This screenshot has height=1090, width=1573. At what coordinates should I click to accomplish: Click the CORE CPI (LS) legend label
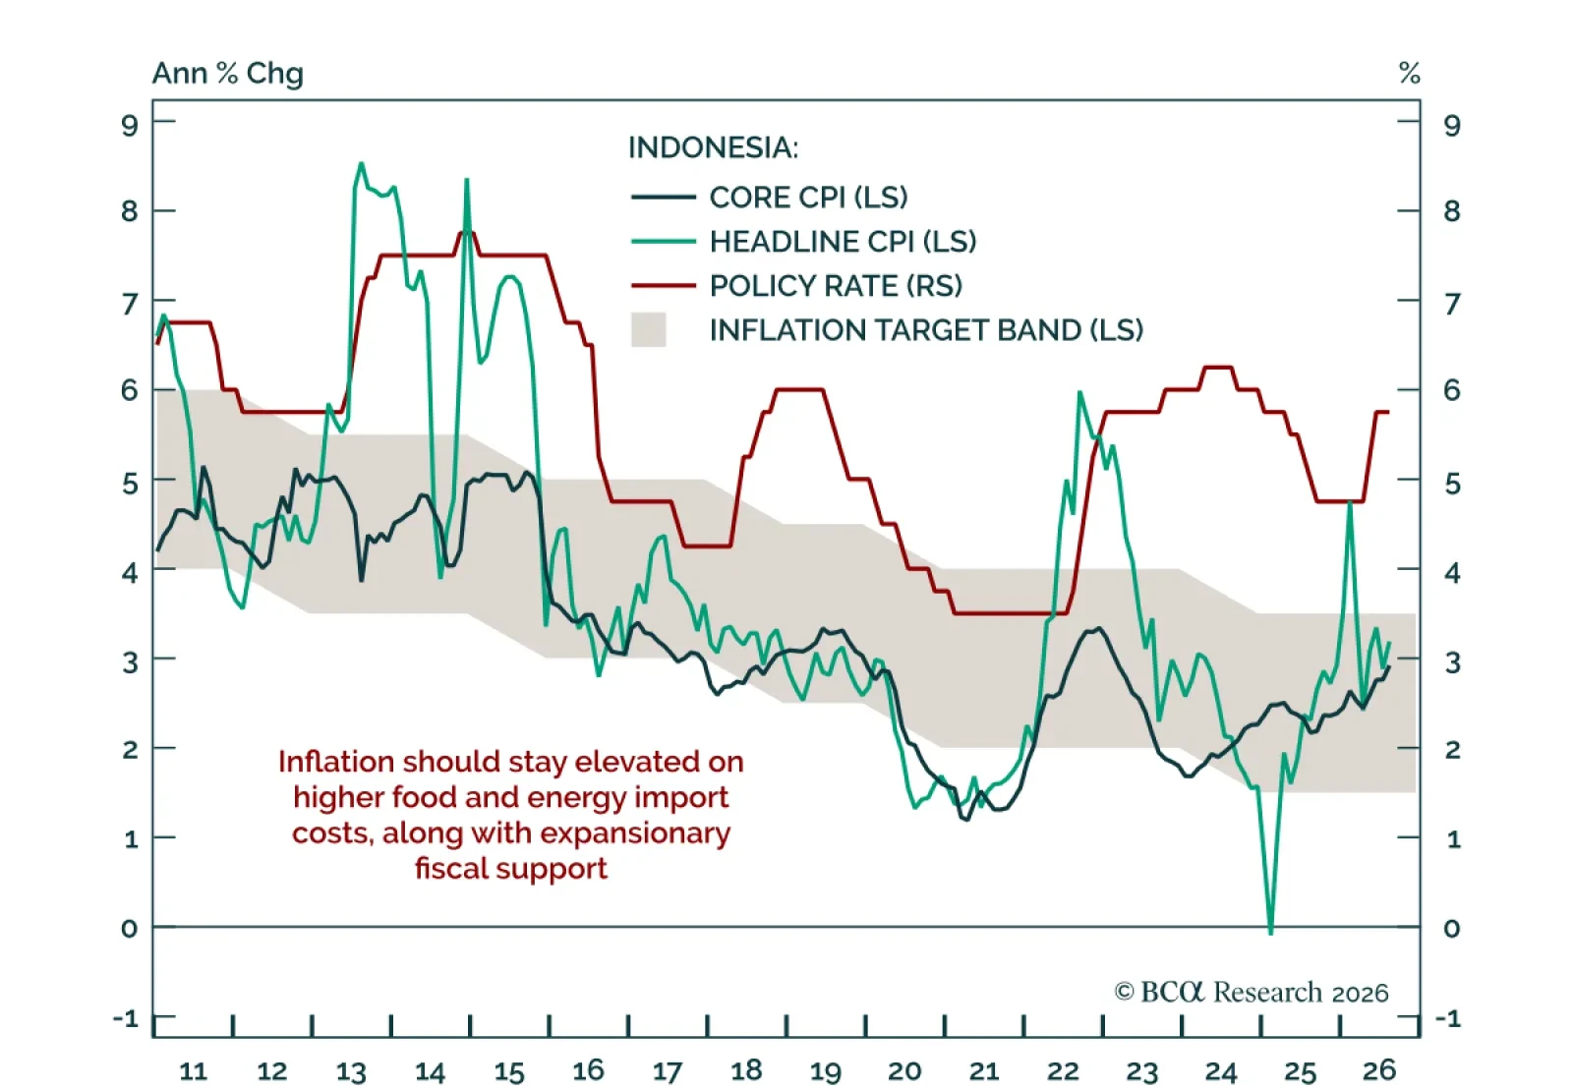pos(808,198)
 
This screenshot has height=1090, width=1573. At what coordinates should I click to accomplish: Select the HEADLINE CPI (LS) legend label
pos(843,242)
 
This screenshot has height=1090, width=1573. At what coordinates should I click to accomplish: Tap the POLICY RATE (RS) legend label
pos(836,286)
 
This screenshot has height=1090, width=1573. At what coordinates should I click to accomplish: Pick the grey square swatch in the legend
pos(648,330)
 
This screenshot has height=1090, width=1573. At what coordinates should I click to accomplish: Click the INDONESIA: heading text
pos(713,147)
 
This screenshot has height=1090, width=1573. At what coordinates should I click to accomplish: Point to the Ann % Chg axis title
pos(228,73)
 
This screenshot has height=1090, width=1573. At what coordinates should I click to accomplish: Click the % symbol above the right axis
pos(1410,73)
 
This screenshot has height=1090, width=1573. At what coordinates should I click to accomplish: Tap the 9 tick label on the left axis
pos(130,126)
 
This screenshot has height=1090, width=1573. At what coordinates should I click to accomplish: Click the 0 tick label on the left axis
pos(129,929)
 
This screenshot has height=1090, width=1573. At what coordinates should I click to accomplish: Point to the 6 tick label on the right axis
pos(1451,390)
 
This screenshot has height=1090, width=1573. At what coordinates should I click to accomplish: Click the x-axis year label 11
pos(193,1071)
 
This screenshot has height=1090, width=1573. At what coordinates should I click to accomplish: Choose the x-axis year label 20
pos(904,1071)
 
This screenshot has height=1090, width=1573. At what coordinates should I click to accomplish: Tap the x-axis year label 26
pos(1379,1069)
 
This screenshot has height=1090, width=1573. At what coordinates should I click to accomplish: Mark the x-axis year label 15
pos(509,1071)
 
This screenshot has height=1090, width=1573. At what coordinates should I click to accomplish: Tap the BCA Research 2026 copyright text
pos(1252,993)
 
